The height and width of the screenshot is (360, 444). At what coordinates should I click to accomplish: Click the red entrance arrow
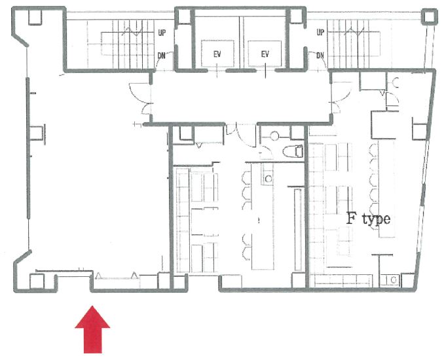click(92, 330)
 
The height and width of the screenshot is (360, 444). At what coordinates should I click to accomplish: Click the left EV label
click(217, 54)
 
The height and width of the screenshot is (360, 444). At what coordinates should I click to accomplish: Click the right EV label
click(265, 54)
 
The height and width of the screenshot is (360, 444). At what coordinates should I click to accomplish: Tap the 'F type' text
click(369, 219)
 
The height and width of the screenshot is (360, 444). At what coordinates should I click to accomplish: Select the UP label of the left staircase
click(162, 33)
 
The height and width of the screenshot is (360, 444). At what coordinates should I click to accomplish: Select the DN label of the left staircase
click(161, 56)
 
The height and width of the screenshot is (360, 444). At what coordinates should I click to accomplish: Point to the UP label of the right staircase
click(320, 32)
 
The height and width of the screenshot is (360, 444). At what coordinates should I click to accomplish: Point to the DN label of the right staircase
click(320, 56)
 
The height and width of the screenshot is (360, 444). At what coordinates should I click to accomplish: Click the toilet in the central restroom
click(293, 151)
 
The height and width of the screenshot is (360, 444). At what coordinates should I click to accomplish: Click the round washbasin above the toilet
click(274, 136)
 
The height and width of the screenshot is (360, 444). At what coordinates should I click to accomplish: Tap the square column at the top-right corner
click(430, 17)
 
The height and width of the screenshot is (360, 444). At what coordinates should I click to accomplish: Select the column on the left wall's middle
click(37, 133)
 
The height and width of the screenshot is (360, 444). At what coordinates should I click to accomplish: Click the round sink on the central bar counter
click(268, 179)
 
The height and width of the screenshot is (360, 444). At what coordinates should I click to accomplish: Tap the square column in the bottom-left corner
click(37, 281)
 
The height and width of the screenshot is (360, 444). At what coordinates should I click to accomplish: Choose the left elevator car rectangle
click(217, 54)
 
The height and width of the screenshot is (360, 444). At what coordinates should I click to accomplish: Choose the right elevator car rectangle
click(265, 54)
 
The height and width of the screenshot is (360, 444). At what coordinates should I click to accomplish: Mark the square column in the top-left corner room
click(35, 18)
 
